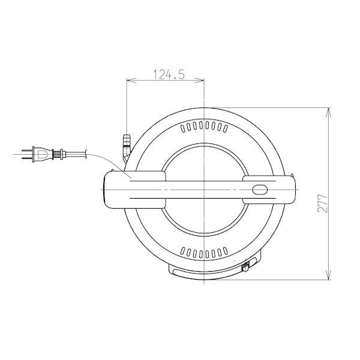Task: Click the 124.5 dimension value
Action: (169, 74)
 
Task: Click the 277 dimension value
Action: (323, 203)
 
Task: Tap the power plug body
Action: (42, 154)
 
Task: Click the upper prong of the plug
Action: (27, 151)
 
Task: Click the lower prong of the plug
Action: (27, 158)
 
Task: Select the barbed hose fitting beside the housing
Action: (127, 148)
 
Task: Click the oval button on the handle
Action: (260, 190)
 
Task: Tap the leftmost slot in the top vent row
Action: (183, 128)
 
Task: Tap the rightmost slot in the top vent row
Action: (226, 128)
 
